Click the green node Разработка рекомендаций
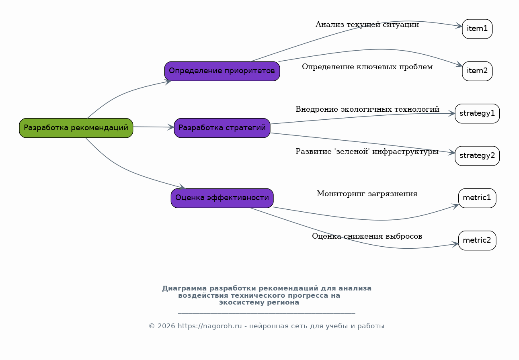(x=76, y=128)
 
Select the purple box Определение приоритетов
(x=222, y=71)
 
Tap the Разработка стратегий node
(x=222, y=128)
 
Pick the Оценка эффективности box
(x=222, y=198)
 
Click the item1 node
(x=477, y=29)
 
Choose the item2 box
(x=477, y=71)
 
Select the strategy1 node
(x=477, y=113)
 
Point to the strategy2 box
(x=477, y=156)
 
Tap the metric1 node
(x=477, y=198)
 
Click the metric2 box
(x=477, y=241)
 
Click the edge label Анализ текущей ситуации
(x=367, y=25)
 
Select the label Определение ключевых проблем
(x=367, y=67)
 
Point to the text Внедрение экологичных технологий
(x=367, y=109)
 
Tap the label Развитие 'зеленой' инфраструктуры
(x=367, y=151)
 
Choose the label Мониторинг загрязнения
(x=367, y=194)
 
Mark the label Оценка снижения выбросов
(x=367, y=236)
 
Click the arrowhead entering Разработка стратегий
(x=171, y=127)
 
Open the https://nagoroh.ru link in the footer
(x=210, y=326)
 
